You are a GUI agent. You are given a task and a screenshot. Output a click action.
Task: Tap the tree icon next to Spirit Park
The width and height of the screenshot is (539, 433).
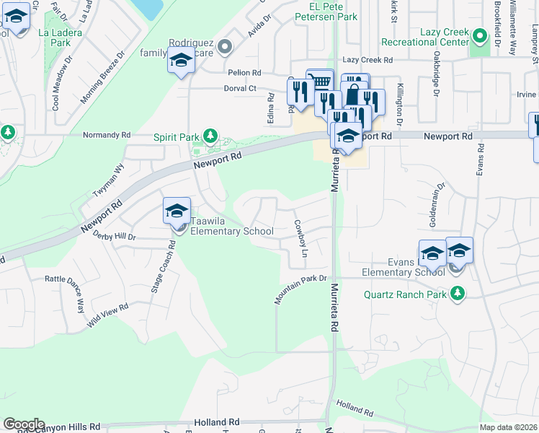click(210, 136)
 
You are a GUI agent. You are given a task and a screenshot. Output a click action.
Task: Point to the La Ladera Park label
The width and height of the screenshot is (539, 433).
click(61, 38)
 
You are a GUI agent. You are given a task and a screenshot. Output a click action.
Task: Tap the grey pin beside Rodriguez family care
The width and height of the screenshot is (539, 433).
click(226, 48)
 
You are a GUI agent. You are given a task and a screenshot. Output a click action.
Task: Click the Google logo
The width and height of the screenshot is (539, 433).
click(24, 424)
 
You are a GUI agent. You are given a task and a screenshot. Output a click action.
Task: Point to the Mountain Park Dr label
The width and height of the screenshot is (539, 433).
click(300, 289)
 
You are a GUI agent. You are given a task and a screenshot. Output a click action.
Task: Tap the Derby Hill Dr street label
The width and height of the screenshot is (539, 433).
click(115, 236)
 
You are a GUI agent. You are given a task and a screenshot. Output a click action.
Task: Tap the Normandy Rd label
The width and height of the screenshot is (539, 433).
click(106, 135)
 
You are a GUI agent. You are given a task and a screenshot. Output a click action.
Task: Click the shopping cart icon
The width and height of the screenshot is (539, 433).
click(319, 81)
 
